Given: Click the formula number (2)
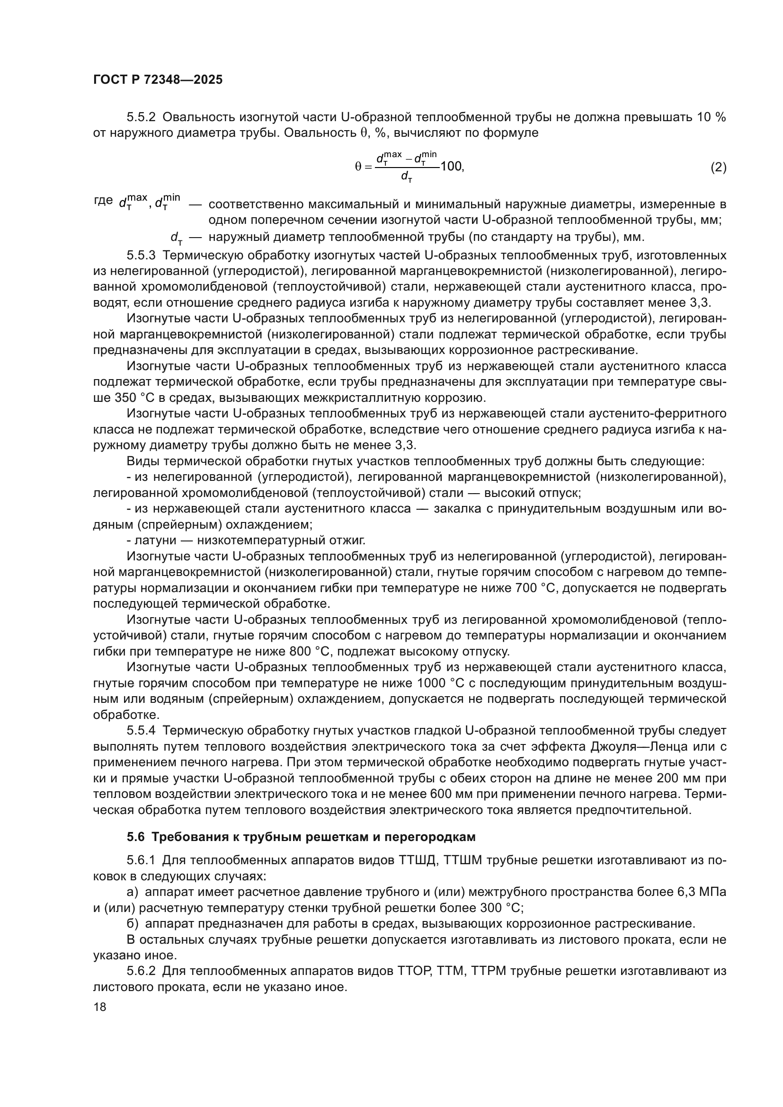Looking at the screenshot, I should [718, 167].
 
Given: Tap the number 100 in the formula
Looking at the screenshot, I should [451, 167].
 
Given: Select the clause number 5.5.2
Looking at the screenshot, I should [141, 117].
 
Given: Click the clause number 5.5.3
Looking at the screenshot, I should [141, 255].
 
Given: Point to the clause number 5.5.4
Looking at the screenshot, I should [141, 730].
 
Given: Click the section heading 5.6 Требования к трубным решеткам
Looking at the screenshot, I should [302, 837].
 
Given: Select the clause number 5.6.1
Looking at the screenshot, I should [141, 860].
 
